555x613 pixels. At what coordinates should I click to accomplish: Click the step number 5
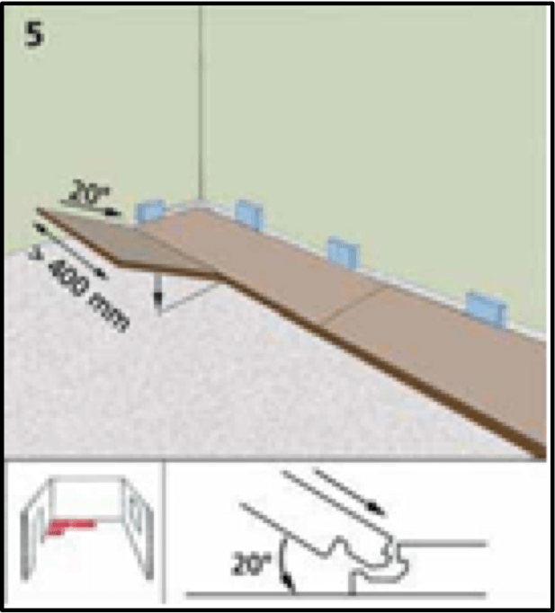(34, 34)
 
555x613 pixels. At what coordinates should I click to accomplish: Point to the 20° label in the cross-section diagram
(251, 564)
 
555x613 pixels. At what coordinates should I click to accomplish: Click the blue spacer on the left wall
(150, 210)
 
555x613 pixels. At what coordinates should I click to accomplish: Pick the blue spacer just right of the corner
(249, 214)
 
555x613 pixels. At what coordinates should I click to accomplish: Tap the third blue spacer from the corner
(344, 253)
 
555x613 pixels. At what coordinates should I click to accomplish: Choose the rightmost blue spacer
(486, 309)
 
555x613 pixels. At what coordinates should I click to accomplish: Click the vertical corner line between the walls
(201, 102)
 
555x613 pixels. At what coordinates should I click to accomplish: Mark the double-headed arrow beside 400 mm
(69, 250)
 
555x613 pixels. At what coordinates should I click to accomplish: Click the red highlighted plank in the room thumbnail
(69, 526)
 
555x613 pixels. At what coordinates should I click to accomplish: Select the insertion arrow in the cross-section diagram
(349, 492)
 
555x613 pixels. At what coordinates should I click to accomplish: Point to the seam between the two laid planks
(355, 305)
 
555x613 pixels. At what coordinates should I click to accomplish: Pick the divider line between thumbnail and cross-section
(164, 532)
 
